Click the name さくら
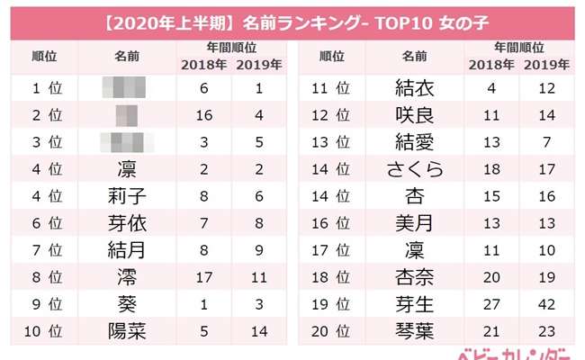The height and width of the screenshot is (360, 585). click(x=415, y=168)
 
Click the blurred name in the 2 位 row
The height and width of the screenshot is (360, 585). click(x=127, y=115)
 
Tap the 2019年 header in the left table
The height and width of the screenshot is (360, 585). click(x=258, y=64)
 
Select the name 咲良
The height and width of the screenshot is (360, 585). click(x=415, y=115)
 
